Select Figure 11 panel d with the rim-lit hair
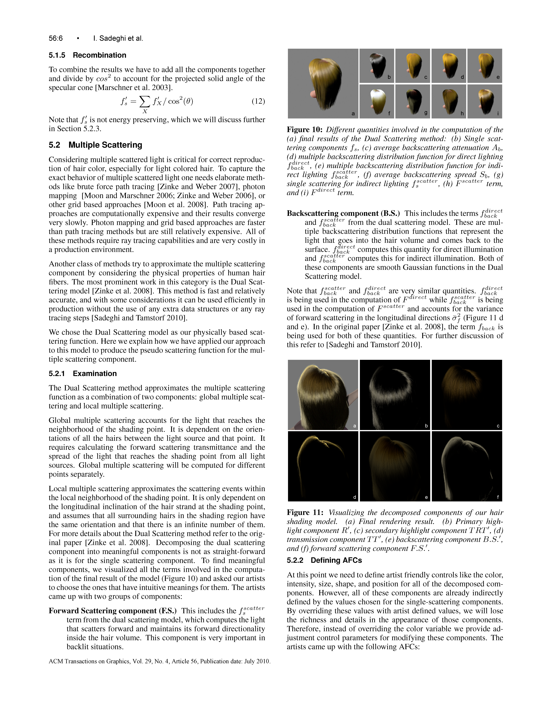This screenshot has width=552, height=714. coord(323,466)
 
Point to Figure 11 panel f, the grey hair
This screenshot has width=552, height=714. coord(467,466)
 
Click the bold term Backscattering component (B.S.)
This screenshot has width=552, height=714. coord(343,213)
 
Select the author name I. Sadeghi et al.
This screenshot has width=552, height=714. coord(118,38)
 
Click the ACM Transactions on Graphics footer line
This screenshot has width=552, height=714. coord(159,661)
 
